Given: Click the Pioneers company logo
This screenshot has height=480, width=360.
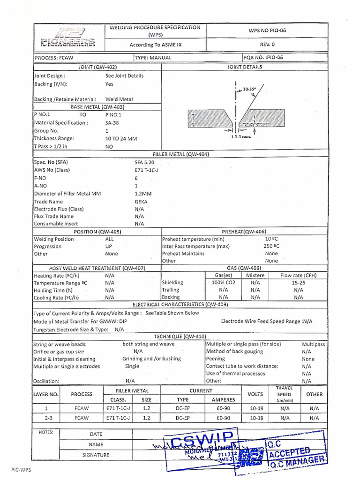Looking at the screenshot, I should click(68, 37).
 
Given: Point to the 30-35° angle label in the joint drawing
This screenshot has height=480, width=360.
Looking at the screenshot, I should click(249, 88).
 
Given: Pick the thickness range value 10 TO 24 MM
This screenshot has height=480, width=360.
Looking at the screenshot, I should click(121, 139).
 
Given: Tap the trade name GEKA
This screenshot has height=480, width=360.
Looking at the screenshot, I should click(141, 201).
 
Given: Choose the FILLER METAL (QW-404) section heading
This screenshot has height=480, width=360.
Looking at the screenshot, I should click(180, 154).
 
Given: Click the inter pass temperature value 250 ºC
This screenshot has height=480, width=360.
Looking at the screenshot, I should click(271, 246).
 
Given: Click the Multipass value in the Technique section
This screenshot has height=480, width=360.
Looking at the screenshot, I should click(314, 344).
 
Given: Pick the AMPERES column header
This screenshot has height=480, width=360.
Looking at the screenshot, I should click(223, 399).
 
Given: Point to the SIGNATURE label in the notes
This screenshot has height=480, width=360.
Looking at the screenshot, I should click(96, 455).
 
